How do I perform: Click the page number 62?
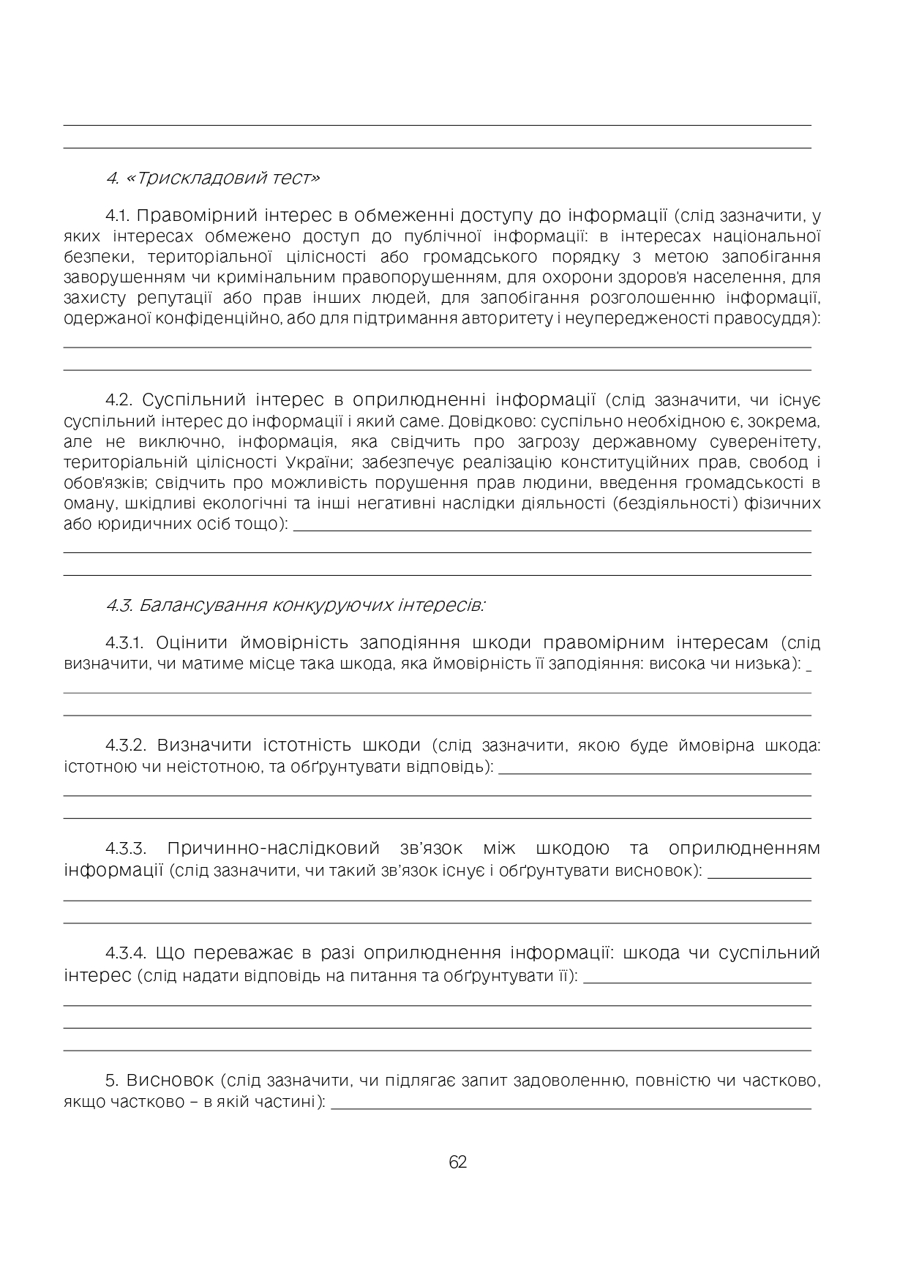click(x=457, y=1163)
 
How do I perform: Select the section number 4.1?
click(x=117, y=216)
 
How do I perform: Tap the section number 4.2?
click(x=119, y=400)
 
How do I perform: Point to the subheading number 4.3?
click(x=119, y=606)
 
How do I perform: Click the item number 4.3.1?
click(x=127, y=643)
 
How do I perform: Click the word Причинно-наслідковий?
click(x=273, y=849)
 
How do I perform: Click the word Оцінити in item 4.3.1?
click(x=189, y=643)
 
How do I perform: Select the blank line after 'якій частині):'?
click(x=571, y=1108)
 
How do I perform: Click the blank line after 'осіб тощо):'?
click(x=552, y=528)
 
